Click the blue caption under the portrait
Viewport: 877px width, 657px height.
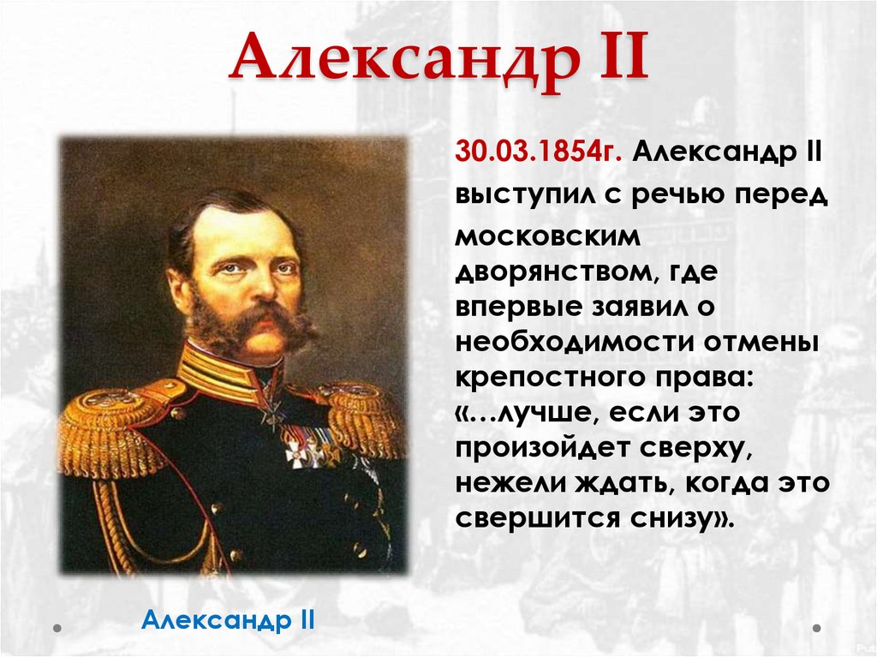click(229, 618)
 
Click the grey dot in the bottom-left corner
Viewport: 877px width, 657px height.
click(57, 628)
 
